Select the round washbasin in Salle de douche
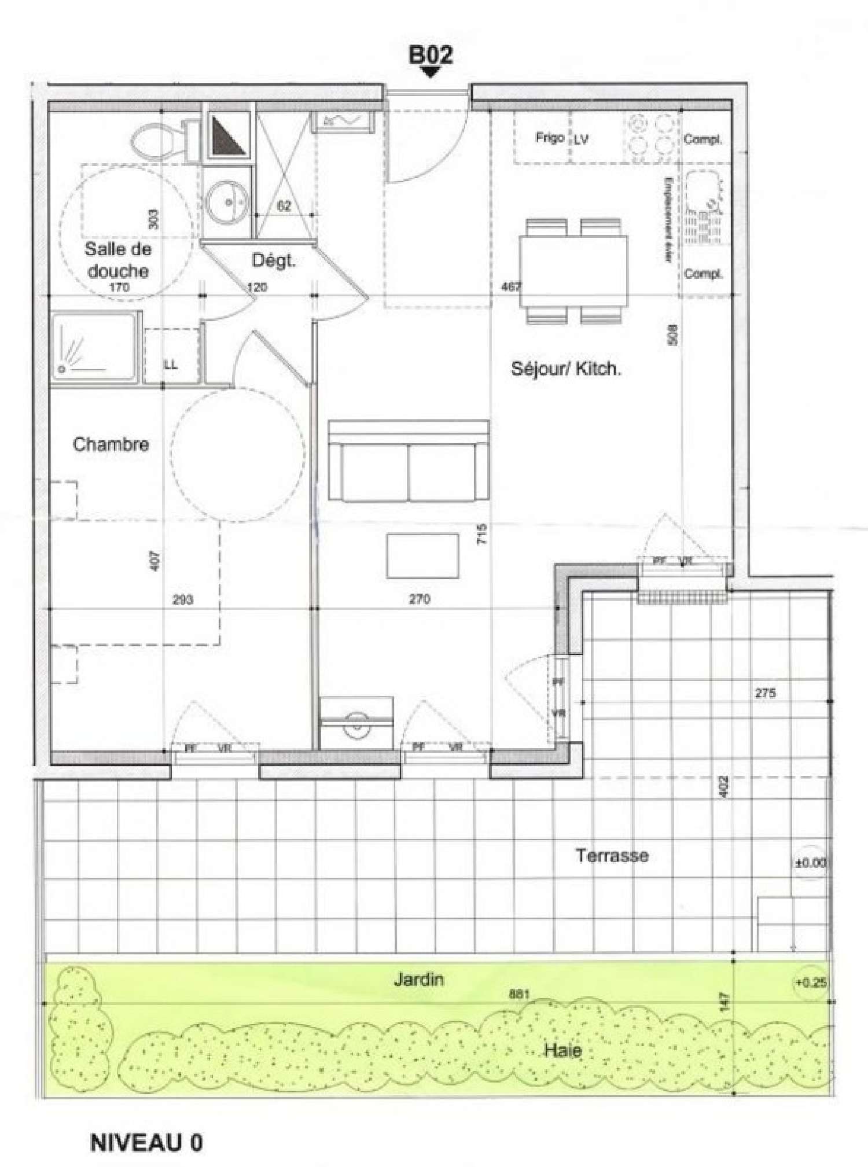(x=227, y=203)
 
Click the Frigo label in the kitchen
(x=549, y=138)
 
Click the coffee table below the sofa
(x=422, y=556)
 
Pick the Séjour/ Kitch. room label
(x=566, y=369)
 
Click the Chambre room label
(x=111, y=444)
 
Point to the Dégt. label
(x=274, y=261)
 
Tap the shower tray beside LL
(x=95, y=347)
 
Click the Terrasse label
(x=612, y=855)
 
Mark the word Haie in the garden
(x=562, y=1050)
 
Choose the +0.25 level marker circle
(x=810, y=982)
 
